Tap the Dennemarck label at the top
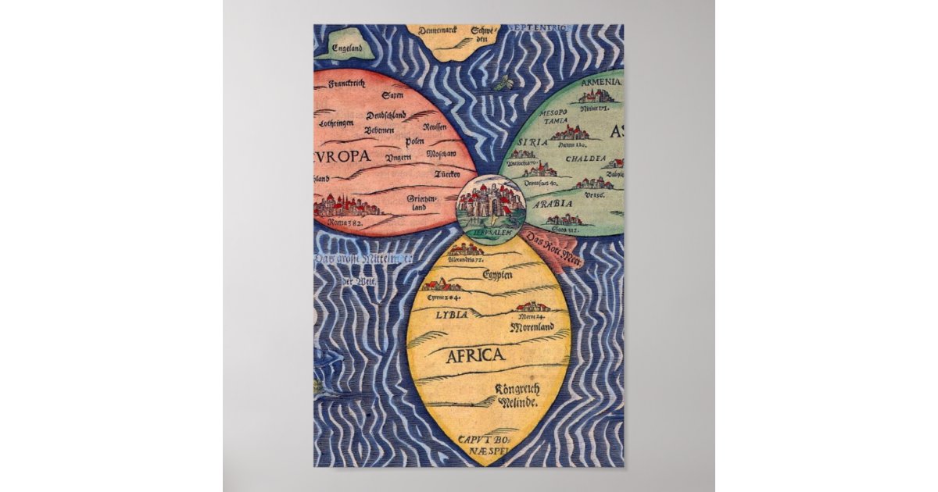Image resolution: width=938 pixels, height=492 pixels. (x=437, y=31)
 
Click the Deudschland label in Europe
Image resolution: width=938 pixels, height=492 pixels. (x=385, y=116)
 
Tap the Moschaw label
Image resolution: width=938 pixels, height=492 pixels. (x=441, y=155)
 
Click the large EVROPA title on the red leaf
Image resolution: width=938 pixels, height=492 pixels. (x=343, y=156)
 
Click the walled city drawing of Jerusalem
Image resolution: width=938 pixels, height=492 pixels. (x=490, y=203)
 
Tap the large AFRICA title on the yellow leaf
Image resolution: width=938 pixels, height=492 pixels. (x=474, y=356)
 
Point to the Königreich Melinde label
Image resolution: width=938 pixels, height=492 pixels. (x=515, y=396)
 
